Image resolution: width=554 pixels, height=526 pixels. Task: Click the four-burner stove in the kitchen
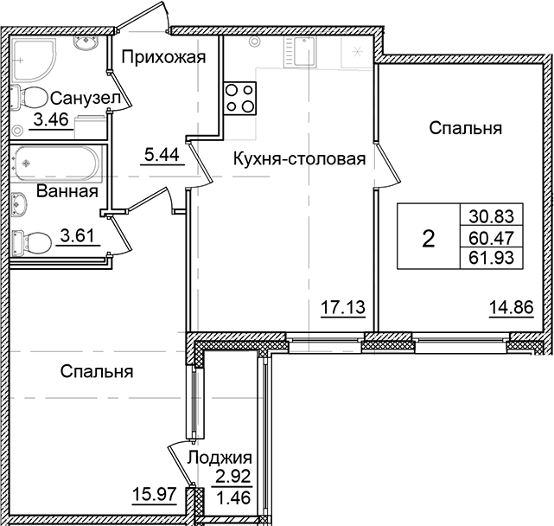click(x=239, y=97)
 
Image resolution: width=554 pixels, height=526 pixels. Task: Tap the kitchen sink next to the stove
click(x=302, y=55)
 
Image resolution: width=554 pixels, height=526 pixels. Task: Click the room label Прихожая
click(x=162, y=58)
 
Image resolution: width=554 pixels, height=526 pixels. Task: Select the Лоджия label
click(x=220, y=459)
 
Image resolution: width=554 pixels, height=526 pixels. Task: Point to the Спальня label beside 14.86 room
click(x=466, y=128)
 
